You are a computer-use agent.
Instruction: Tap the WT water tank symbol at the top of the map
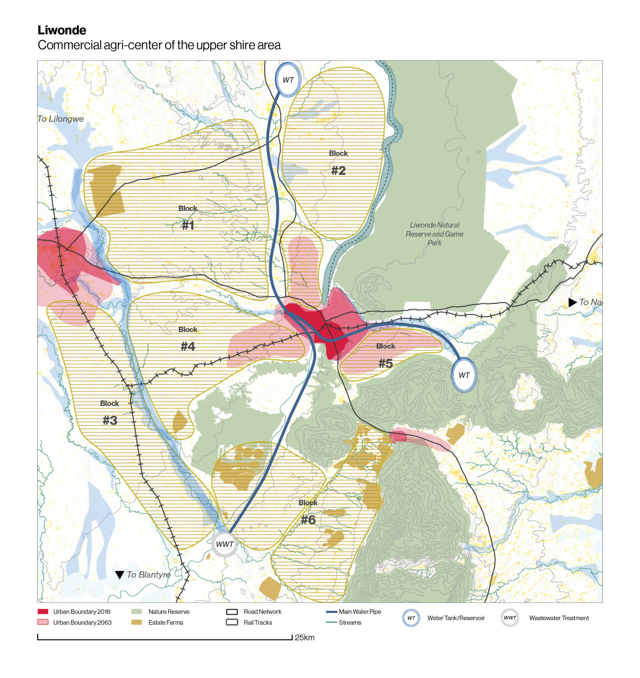click(x=288, y=80)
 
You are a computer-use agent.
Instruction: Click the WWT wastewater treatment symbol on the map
click(x=224, y=544)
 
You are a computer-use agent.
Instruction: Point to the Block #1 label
click(x=188, y=217)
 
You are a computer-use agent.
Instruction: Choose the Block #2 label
click(x=338, y=163)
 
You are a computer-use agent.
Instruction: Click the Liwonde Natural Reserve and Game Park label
click(x=434, y=234)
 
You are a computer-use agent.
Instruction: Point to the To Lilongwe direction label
click(x=60, y=119)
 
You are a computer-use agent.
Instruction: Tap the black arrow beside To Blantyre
click(x=119, y=575)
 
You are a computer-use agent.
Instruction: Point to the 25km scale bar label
click(x=304, y=637)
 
